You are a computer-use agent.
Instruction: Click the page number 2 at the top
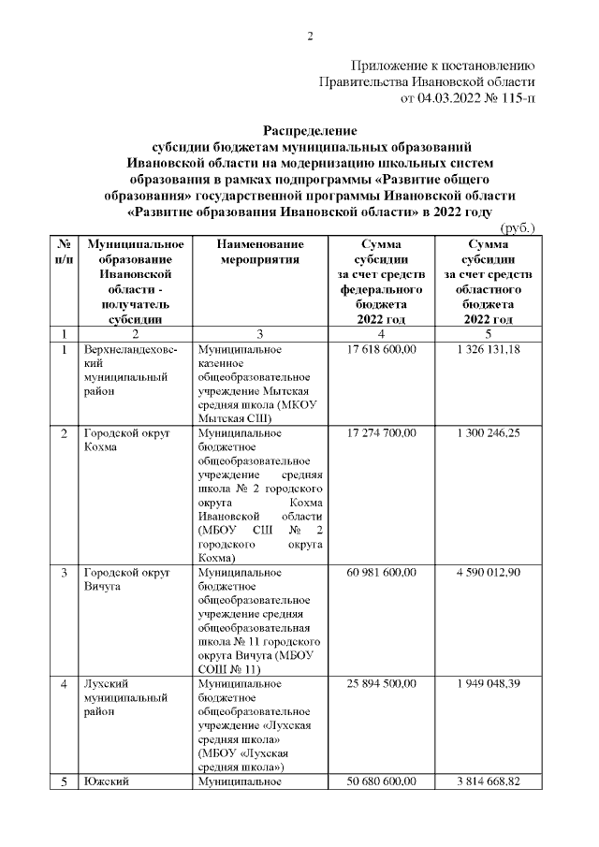click(309, 37)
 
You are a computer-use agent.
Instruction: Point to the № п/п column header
click(64, 252)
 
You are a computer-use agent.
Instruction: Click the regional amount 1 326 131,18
click(489, 349)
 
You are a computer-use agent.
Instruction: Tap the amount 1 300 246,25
click(489, 433)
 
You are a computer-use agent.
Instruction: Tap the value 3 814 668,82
click(489, 781)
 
